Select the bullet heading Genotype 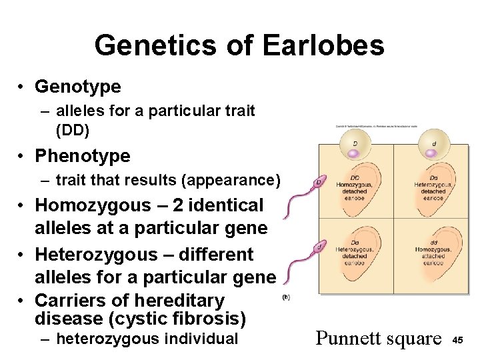point(78,87)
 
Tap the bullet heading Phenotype point(83,156)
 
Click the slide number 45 point(458,340)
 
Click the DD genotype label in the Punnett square point(355,177)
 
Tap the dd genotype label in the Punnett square point(433,242)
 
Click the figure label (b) point(286,297)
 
